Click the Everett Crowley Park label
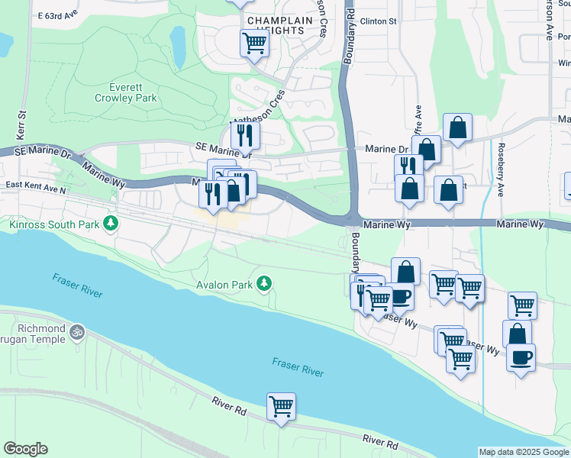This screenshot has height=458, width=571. (x=126, y=92)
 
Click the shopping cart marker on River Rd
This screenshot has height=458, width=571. (x=281, y=406)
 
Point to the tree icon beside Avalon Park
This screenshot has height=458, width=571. (x=264, y=284)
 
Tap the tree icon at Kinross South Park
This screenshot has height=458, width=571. (x=112, y=223)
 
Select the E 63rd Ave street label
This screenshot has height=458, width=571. (x=58, y=15)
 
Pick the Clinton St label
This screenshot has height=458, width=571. (x=379, y=21)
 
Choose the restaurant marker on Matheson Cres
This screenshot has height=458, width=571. (x=246, y=134)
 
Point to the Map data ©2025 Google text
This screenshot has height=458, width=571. (x=523, y=452)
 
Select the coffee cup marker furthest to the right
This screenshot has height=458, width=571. (x=521, y=357)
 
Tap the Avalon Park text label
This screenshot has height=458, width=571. (x=227, y=285)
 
